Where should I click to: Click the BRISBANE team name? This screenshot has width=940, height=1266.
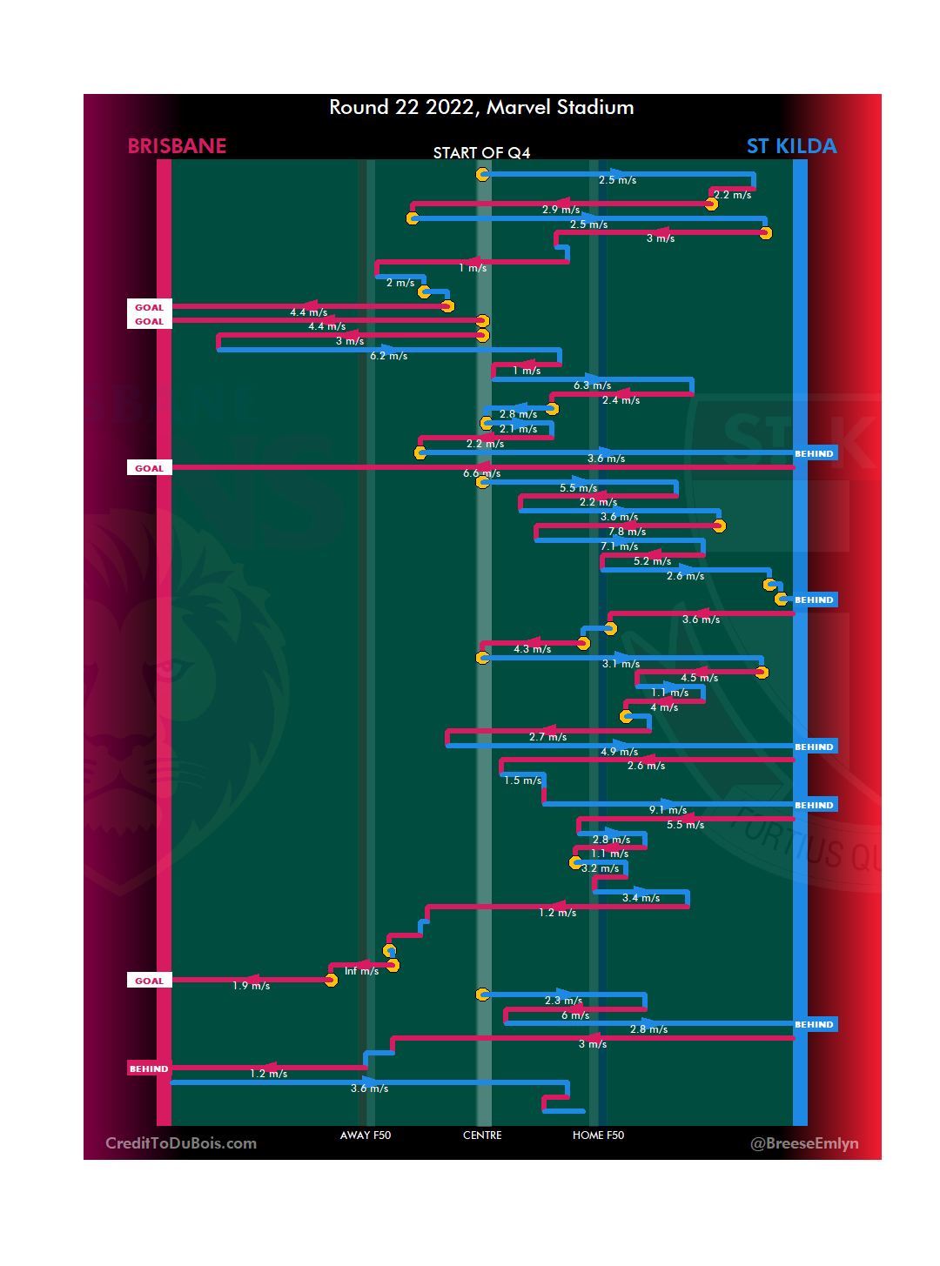177,146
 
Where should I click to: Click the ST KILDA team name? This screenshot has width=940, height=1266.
791,146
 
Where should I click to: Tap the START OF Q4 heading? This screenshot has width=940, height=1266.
481,153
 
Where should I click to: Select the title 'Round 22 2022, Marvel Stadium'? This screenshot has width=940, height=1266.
481,107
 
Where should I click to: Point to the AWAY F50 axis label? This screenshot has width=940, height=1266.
366,1135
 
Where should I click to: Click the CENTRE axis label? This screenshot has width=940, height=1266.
482,1135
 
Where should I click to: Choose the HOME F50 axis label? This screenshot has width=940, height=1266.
598,1135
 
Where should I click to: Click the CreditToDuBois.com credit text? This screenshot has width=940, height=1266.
181,1143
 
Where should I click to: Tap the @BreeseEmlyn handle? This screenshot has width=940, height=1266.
804,1143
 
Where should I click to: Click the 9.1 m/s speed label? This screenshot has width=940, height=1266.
668,810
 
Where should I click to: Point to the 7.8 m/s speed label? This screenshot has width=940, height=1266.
627,532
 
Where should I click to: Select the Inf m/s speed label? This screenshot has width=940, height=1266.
361,971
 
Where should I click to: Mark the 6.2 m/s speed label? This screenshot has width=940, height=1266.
388,356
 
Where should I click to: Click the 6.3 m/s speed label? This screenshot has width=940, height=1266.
592,385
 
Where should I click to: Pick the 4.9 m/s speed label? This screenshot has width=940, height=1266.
619,752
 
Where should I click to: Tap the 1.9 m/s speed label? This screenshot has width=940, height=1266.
251,986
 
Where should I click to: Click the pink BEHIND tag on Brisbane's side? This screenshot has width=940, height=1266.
149,1068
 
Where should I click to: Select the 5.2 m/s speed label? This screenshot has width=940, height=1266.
652,561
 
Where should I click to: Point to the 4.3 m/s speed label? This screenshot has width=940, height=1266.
532,649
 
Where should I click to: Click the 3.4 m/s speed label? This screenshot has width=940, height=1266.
641,898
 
